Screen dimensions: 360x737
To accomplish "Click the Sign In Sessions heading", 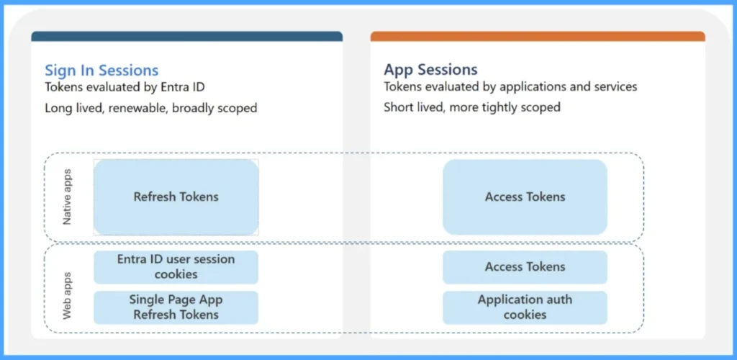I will (x=101, y=71).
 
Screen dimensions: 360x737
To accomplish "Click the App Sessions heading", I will (x=430, y=70).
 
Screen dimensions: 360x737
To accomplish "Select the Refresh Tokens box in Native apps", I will (x=176, y=197).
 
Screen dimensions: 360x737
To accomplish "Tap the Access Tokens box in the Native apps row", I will (x=525, y=197).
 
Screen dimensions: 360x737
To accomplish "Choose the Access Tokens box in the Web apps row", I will (x=525, y=267).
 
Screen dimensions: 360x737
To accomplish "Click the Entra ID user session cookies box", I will (x=176, y=266).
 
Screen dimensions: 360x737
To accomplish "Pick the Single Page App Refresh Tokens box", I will (x=176, y=307).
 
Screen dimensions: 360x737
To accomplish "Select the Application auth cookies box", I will (x=525, y=307).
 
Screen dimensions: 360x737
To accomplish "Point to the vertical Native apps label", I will (x=68, y=197).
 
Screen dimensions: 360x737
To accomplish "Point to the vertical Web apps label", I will (x=68, y=295).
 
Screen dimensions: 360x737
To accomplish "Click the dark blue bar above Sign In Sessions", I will (x=186, y=36).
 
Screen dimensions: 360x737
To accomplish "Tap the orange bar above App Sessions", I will (x=538, y=36).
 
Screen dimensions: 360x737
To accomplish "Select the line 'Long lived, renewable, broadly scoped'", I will (x=150, y=108).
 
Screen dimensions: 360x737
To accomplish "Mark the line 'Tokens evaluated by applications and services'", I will (x=510, y=87).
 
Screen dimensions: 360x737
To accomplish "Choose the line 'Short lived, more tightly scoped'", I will (x=471, y=107).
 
